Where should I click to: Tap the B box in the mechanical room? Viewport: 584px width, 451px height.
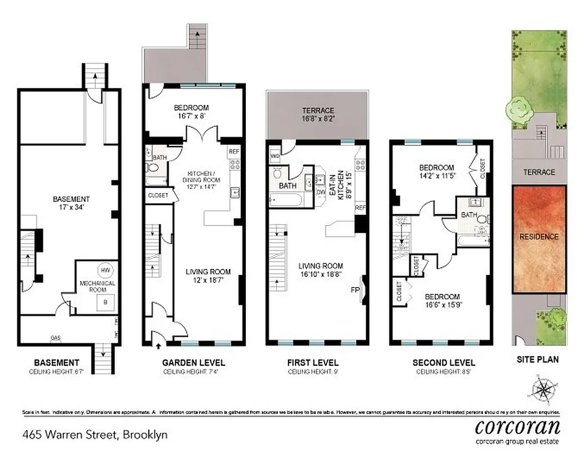click(x=105, y=302)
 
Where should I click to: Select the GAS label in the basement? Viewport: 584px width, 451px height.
click(x=55, y=338)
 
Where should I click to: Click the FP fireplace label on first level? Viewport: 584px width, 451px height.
click(x=355, y=290)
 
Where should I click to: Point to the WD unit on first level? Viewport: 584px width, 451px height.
click(x=276, y=155)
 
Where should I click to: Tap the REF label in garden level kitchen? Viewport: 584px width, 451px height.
click(x=233, y=152)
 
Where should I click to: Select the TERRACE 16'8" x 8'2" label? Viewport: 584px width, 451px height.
click(x=318, y=114)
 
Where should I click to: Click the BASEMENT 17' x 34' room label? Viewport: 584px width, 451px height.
click(x=71, y=203)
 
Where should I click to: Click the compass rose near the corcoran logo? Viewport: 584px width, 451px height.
click(x=543, y=390)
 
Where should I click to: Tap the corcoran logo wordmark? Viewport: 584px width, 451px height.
click(x=517, y=426)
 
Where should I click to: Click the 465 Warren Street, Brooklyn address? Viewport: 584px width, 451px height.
click(x=95, y=435)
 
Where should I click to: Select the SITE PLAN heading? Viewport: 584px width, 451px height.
click(x=538, y=359)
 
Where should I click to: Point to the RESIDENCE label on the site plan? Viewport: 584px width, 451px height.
click(x=539, y=237)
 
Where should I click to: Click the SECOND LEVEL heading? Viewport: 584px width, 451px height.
click(x=444, y=363)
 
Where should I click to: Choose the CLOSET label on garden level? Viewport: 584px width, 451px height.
click(x=158, y=196)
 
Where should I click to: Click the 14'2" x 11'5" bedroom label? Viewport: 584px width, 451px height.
click(x=436, y=171)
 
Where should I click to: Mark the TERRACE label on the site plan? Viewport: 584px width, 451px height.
click(x=539, y=173)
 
